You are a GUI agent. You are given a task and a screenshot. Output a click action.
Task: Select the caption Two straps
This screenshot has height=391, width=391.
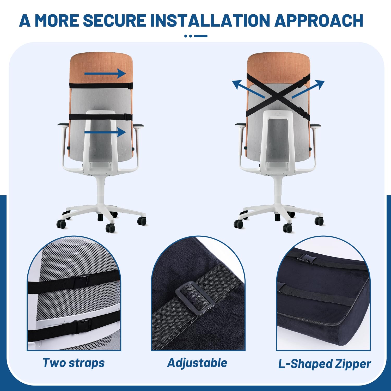74,363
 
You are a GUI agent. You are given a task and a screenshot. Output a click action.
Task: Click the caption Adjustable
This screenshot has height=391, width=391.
197,363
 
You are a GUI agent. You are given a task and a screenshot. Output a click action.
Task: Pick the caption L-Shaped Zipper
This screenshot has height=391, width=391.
325,364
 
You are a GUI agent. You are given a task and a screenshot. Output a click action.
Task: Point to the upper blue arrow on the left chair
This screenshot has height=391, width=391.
105,74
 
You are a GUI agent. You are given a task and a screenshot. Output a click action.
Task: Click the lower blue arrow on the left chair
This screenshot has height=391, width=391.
105,132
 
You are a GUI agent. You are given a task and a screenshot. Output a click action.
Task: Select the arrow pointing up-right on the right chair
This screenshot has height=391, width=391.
308,89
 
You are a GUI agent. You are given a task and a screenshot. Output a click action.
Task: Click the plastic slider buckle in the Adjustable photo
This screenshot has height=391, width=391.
195,298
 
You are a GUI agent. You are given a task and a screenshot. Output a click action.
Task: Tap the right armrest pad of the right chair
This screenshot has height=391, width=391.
315,125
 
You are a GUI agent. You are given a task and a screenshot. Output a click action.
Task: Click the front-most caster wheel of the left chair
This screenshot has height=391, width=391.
110,228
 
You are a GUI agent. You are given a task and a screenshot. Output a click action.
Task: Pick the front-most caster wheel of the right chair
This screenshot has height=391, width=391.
288,228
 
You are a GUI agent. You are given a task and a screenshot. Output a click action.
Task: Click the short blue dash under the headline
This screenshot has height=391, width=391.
201,36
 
